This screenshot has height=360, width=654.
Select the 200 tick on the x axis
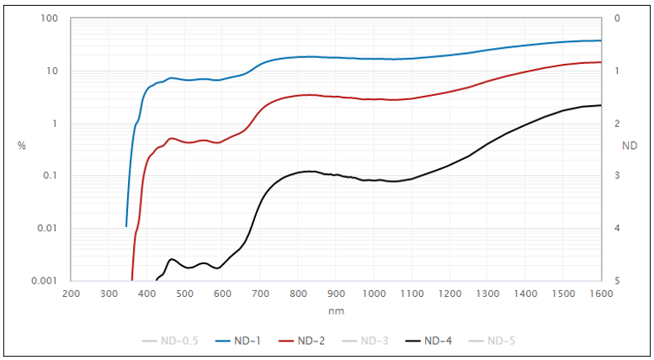pos(72,294)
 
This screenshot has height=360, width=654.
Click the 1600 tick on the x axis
pos(601,294)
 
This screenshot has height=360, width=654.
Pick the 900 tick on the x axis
pos(336,294)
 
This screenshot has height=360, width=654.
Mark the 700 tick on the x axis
pos(260,294)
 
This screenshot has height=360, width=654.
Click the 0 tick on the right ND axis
pos(617,19)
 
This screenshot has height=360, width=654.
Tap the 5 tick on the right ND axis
pos(617,281)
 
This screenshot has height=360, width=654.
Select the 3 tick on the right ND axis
pos(617,176)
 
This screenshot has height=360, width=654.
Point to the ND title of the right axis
pos(630,146)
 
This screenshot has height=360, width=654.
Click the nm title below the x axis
pos(336,310)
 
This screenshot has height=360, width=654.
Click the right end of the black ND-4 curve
pos(601,105)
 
